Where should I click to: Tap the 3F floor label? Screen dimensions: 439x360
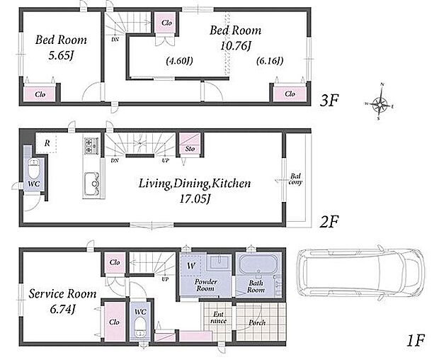(x=329, y=101)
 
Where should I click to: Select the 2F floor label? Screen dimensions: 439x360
(x=329, y=222)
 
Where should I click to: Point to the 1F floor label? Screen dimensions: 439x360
(x=416, y=340)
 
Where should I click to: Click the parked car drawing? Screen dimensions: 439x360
(x=361, y=271)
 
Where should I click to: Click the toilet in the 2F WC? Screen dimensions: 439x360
(x=34, y=169)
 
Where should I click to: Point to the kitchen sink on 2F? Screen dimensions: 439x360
(x=93, y=184)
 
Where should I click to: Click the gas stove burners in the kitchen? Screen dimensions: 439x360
(x=91, y=146)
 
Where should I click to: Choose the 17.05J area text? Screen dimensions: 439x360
(x=195, y=199)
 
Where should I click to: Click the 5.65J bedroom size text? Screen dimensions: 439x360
(x=61, y=56)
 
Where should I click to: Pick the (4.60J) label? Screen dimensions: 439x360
(x=179, y=60)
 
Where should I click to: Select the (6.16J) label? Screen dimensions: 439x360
(x=270, y=60)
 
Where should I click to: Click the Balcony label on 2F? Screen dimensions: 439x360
(x=296, y=179)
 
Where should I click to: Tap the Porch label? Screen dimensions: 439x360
(x=257, y=322)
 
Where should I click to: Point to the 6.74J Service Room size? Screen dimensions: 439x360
(x=63, y=309)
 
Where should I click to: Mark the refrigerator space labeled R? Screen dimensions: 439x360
(x=47, y=143)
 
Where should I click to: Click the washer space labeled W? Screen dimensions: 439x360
(x=191, y=266)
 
